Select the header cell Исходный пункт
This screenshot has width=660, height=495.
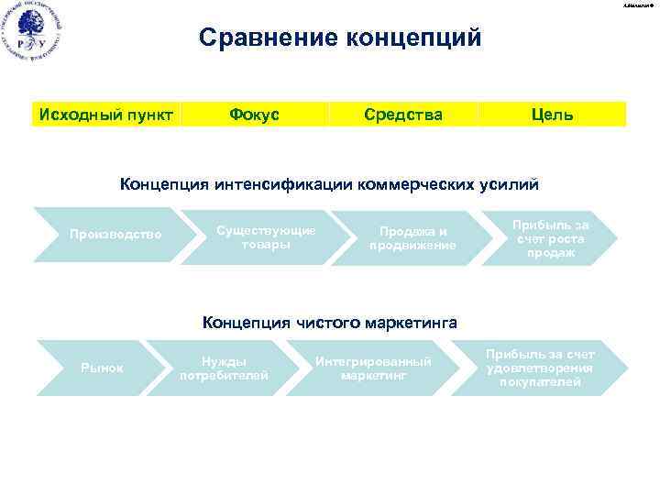[x=104, y=115]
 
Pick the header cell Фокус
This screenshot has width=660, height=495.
[x=255, y=115]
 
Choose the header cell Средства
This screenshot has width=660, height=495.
[x=403, y=115]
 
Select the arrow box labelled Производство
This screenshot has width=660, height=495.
[x=115, y=235]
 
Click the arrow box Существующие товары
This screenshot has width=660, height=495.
[x=266, y=236]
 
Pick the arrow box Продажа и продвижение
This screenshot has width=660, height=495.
[x=412, y=238]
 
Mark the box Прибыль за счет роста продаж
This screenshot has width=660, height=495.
[x=551, y=238]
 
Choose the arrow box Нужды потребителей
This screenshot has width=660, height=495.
[x=225, y=368]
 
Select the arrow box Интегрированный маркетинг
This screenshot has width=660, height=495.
[x=372, y=368]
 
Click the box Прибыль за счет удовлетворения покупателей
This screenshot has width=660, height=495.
[x=540, y=368]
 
